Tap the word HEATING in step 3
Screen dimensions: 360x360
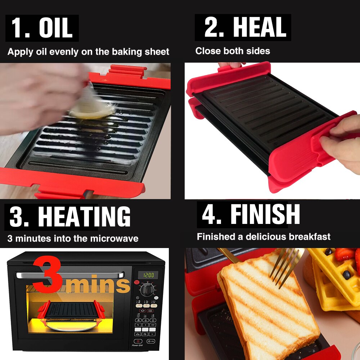tap(84, 217)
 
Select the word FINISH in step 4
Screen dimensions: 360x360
tap(265, 215)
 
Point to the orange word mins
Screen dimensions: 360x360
tap(99, 284)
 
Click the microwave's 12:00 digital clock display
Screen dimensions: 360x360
tap(148, 275)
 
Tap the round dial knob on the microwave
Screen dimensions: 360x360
tap(147, 289)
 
